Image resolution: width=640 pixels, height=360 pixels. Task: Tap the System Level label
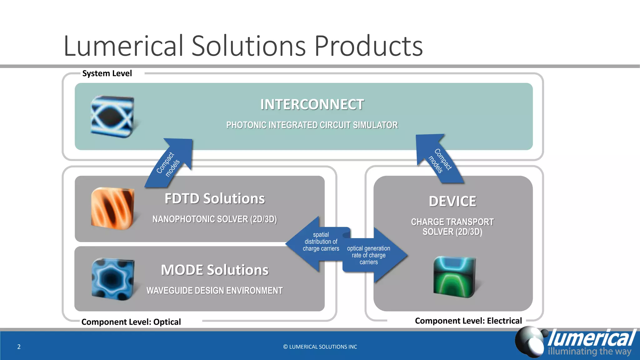107,73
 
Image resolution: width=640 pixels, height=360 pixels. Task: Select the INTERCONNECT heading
312,104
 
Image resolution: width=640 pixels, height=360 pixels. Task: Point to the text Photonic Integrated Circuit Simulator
312,125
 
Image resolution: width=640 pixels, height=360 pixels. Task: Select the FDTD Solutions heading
214,199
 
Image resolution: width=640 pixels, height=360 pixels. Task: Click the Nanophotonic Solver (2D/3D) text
214,219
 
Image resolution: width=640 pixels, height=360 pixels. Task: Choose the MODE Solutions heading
214,270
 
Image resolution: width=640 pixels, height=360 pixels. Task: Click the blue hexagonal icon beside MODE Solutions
112,279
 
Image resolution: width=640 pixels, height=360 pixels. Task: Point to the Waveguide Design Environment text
214,291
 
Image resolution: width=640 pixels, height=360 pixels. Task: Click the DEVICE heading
452,201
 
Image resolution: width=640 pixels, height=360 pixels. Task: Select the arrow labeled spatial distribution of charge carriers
319,242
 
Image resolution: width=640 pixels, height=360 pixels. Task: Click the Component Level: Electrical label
468,321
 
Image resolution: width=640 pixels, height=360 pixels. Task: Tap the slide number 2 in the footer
19,347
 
